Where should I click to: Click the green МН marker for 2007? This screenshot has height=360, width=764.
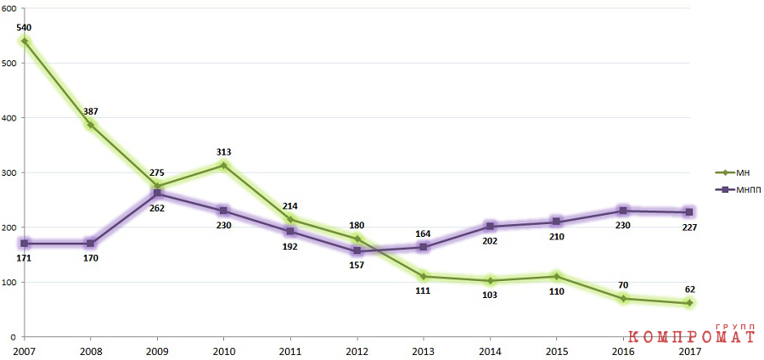click(x=25, y=41)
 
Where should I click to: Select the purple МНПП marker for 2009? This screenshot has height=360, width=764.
click(x=157, y=194)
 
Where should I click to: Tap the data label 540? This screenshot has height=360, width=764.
click(x=24, y=27)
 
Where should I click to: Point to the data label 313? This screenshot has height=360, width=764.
click(x=223, y=153)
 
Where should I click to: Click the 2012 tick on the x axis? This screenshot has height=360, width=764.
click(x=357, y=352)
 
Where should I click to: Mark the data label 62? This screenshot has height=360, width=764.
click(x=689, y=290)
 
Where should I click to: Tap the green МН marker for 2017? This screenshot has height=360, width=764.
click(x=689, y=303)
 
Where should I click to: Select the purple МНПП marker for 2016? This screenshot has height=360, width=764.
click(x=623, y=211)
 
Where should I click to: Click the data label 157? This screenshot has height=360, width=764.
click(x=357, y=266)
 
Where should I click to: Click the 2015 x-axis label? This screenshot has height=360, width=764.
click(x=556, y=352)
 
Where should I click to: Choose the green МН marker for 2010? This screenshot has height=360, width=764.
click(x=223, y=166)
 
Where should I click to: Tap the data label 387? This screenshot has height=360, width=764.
click(x=91, y=111)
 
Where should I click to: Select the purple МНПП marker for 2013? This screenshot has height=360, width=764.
click(x=424, y=247)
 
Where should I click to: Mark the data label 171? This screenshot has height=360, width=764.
click(x=24, y=258)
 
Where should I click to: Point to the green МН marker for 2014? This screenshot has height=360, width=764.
click(x=490, y=280)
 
